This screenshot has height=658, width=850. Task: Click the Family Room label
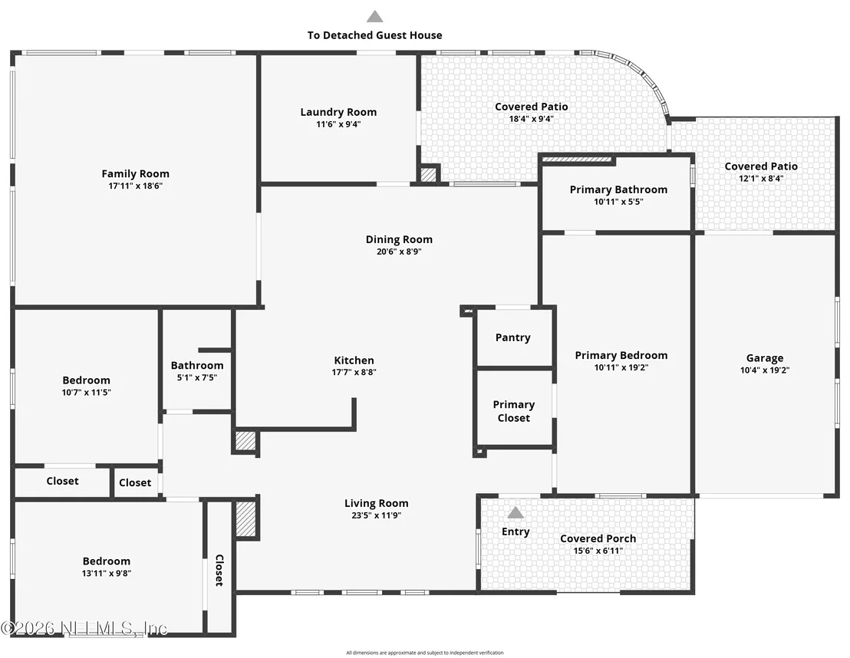136,173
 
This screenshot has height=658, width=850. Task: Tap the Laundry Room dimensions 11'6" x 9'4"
338,124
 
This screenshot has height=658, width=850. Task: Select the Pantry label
512,337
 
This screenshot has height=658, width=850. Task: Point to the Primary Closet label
514,411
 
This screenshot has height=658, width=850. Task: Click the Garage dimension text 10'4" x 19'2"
765,370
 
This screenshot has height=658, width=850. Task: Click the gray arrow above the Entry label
516,512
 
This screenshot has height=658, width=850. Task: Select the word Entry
516,531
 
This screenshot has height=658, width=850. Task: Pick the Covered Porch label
598,538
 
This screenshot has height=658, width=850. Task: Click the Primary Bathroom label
618,189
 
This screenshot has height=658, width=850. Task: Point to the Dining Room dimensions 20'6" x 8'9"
399,252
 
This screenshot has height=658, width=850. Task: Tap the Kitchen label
354,360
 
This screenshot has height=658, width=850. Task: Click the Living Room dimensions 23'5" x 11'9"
376,515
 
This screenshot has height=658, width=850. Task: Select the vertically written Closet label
219,571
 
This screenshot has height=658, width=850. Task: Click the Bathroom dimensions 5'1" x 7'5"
197,378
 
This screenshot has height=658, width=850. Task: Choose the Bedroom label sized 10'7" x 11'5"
86,380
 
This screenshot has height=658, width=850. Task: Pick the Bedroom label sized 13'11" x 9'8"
106,561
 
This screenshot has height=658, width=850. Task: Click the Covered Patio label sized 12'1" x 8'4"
761,166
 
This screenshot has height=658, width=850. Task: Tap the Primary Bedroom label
621,356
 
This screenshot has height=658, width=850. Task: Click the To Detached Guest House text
374,35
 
